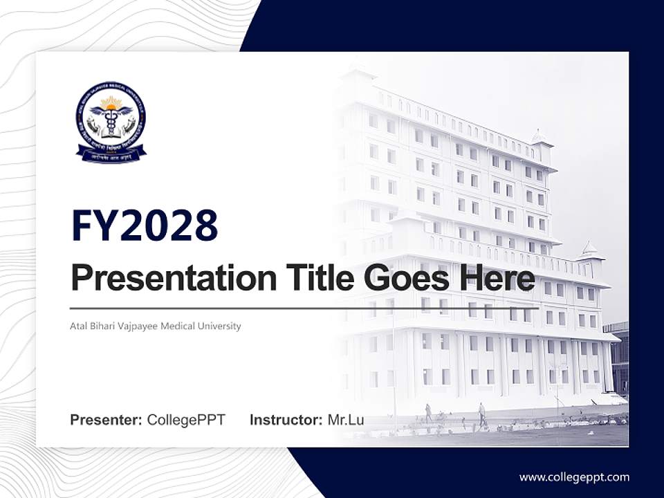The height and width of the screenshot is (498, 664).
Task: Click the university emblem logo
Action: pyautogui.click(x=111, y=122)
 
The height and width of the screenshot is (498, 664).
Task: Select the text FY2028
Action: pyautogui.click(x=145, y=225)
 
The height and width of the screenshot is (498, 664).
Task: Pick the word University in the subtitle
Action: pyautogui.click(x=219, y=326)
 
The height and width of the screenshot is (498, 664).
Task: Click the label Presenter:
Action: pyautogui.click(x=107, y=420)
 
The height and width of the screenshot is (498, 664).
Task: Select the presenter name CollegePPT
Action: pyautogui.click(x=186, y=420)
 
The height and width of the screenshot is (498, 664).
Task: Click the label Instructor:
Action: pyautogui.click(x=286, y=420)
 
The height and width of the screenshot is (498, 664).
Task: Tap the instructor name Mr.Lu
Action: pyautogui.click(x=346, y=420)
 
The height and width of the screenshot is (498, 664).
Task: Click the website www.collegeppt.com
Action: pyautogui.click(x=574, y=477)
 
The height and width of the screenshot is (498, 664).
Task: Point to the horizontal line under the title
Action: pyautogui.click(x=304, y=308)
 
